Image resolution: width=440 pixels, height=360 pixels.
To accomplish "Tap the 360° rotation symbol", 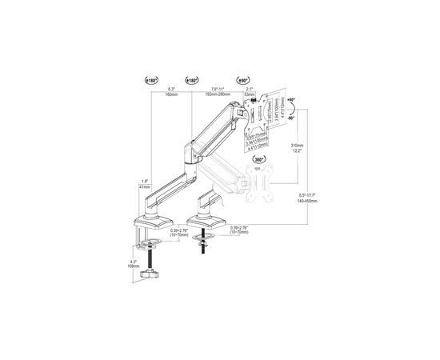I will [259, 159].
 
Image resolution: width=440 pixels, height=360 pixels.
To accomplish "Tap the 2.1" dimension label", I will [249, 89].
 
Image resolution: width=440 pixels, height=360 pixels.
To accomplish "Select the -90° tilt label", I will [293, 118].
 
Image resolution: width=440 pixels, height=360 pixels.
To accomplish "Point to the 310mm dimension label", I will [296, 145].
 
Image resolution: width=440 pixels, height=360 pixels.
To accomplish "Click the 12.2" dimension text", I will [296, 150].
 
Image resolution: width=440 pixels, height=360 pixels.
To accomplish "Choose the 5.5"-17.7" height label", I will [306, 196].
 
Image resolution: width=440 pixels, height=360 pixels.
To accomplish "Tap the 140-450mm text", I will [306, 202].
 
